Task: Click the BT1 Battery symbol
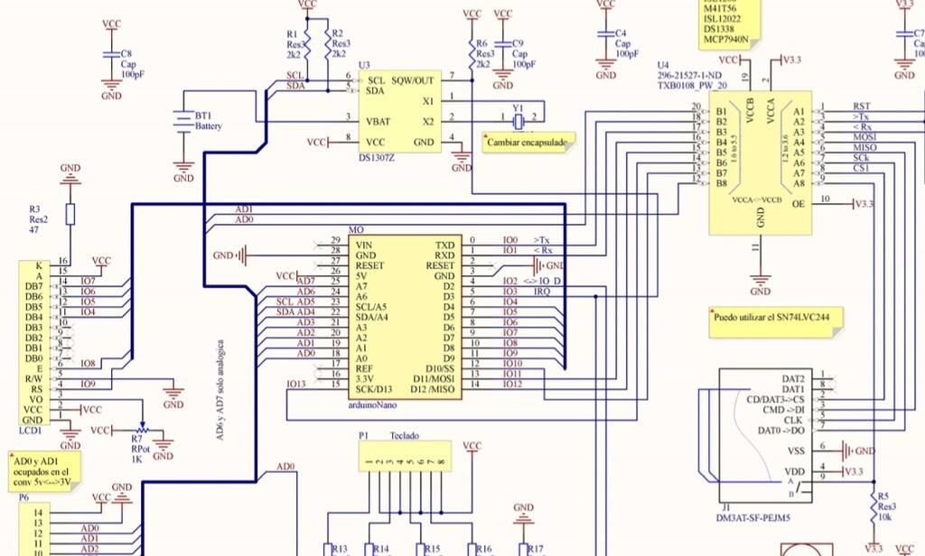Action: (x=183, y=120)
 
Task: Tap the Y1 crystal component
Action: (x=518, y=117)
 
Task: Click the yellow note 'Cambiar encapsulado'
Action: (x=528, y=143)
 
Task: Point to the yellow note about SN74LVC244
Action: (x=773, y=318)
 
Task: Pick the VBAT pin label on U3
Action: (x=378, y=121)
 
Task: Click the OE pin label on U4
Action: (x=798, y=204)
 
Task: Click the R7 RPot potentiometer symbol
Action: (x=140, y=431)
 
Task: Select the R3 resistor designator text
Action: (x=35, y=208)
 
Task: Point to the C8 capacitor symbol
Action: (x=111, y=54)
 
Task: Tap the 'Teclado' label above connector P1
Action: (x=404, y=434)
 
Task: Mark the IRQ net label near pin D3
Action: (x=541, y=291)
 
